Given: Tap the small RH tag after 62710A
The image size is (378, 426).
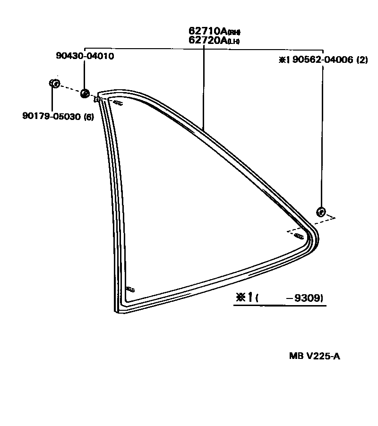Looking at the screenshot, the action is [234, 33].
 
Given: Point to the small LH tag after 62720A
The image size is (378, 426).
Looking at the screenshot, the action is [234, 42].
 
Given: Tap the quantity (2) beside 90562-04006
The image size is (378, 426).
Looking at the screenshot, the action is [362, 60].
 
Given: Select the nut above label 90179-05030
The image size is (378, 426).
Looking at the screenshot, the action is [54, 84].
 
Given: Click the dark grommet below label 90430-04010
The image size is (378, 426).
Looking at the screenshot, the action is [85, 93].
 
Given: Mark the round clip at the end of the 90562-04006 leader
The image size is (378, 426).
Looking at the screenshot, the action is [320, 212].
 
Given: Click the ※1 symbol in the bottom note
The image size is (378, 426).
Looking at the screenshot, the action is [245, 298].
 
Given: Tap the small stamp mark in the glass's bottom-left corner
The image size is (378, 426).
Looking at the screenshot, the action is [130, 290].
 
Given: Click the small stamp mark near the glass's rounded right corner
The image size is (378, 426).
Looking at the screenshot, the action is [298, 235].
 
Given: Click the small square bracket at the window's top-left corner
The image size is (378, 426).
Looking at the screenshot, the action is [97, 99].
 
